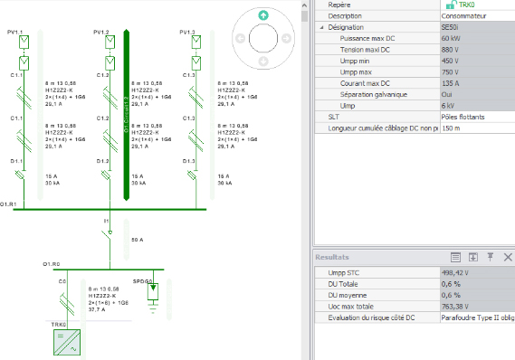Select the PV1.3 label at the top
[x=187, y=33]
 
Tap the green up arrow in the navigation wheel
[x=262, y=15]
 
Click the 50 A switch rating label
[x=138, y=240]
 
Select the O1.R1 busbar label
[x=9, y=205]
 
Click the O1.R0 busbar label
[x=52, y=263]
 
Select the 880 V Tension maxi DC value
[x=452, y=50]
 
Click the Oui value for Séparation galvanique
[x=448, y=95]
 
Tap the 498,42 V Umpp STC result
[x=458, y=271]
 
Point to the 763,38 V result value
[x=458, y=307]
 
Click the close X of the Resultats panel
[x=506, y=257]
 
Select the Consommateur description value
[x=464, y=16]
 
